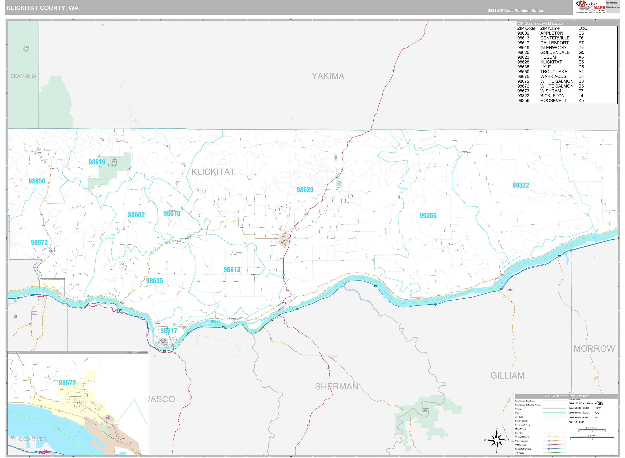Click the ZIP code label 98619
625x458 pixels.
pos(97,162)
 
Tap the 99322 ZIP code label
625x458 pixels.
pos(520,185)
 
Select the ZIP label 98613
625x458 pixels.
pos(232,270)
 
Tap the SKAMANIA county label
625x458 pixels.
pos(23,76)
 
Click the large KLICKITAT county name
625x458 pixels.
pos(213,172)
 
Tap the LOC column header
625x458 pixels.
pos(583,28)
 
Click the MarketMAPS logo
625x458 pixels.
pos(591,7)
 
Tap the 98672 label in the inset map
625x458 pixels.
pos(67,383)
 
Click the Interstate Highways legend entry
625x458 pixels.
pos(523,448)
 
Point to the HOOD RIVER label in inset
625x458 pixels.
pos(31,439)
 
